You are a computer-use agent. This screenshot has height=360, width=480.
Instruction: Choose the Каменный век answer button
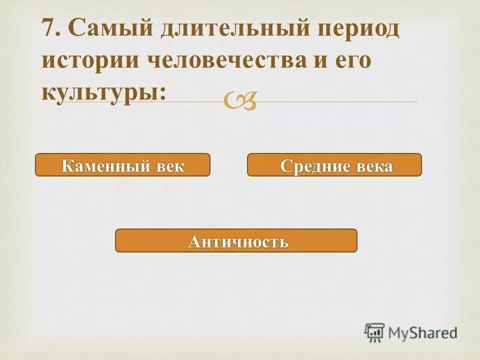(x=123, y=165)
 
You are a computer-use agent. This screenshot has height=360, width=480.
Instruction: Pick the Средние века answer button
(x=334, y=165)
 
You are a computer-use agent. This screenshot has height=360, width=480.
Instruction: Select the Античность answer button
(x=236, y=241)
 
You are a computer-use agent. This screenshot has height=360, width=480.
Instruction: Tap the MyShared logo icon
(x=374, y=331)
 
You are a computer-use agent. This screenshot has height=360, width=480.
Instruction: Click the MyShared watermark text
(x=422, y=332)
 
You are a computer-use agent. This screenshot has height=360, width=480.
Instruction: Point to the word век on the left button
(x=170, y=166)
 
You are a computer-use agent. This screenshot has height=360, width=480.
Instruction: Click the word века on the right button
(x=373, y=166)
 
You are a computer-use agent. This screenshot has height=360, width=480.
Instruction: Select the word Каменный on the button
(x=107, y=166)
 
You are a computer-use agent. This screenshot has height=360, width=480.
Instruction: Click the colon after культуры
(x=163, y=94)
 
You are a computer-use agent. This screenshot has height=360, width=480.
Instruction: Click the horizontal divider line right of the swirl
(x=336, y=102)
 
